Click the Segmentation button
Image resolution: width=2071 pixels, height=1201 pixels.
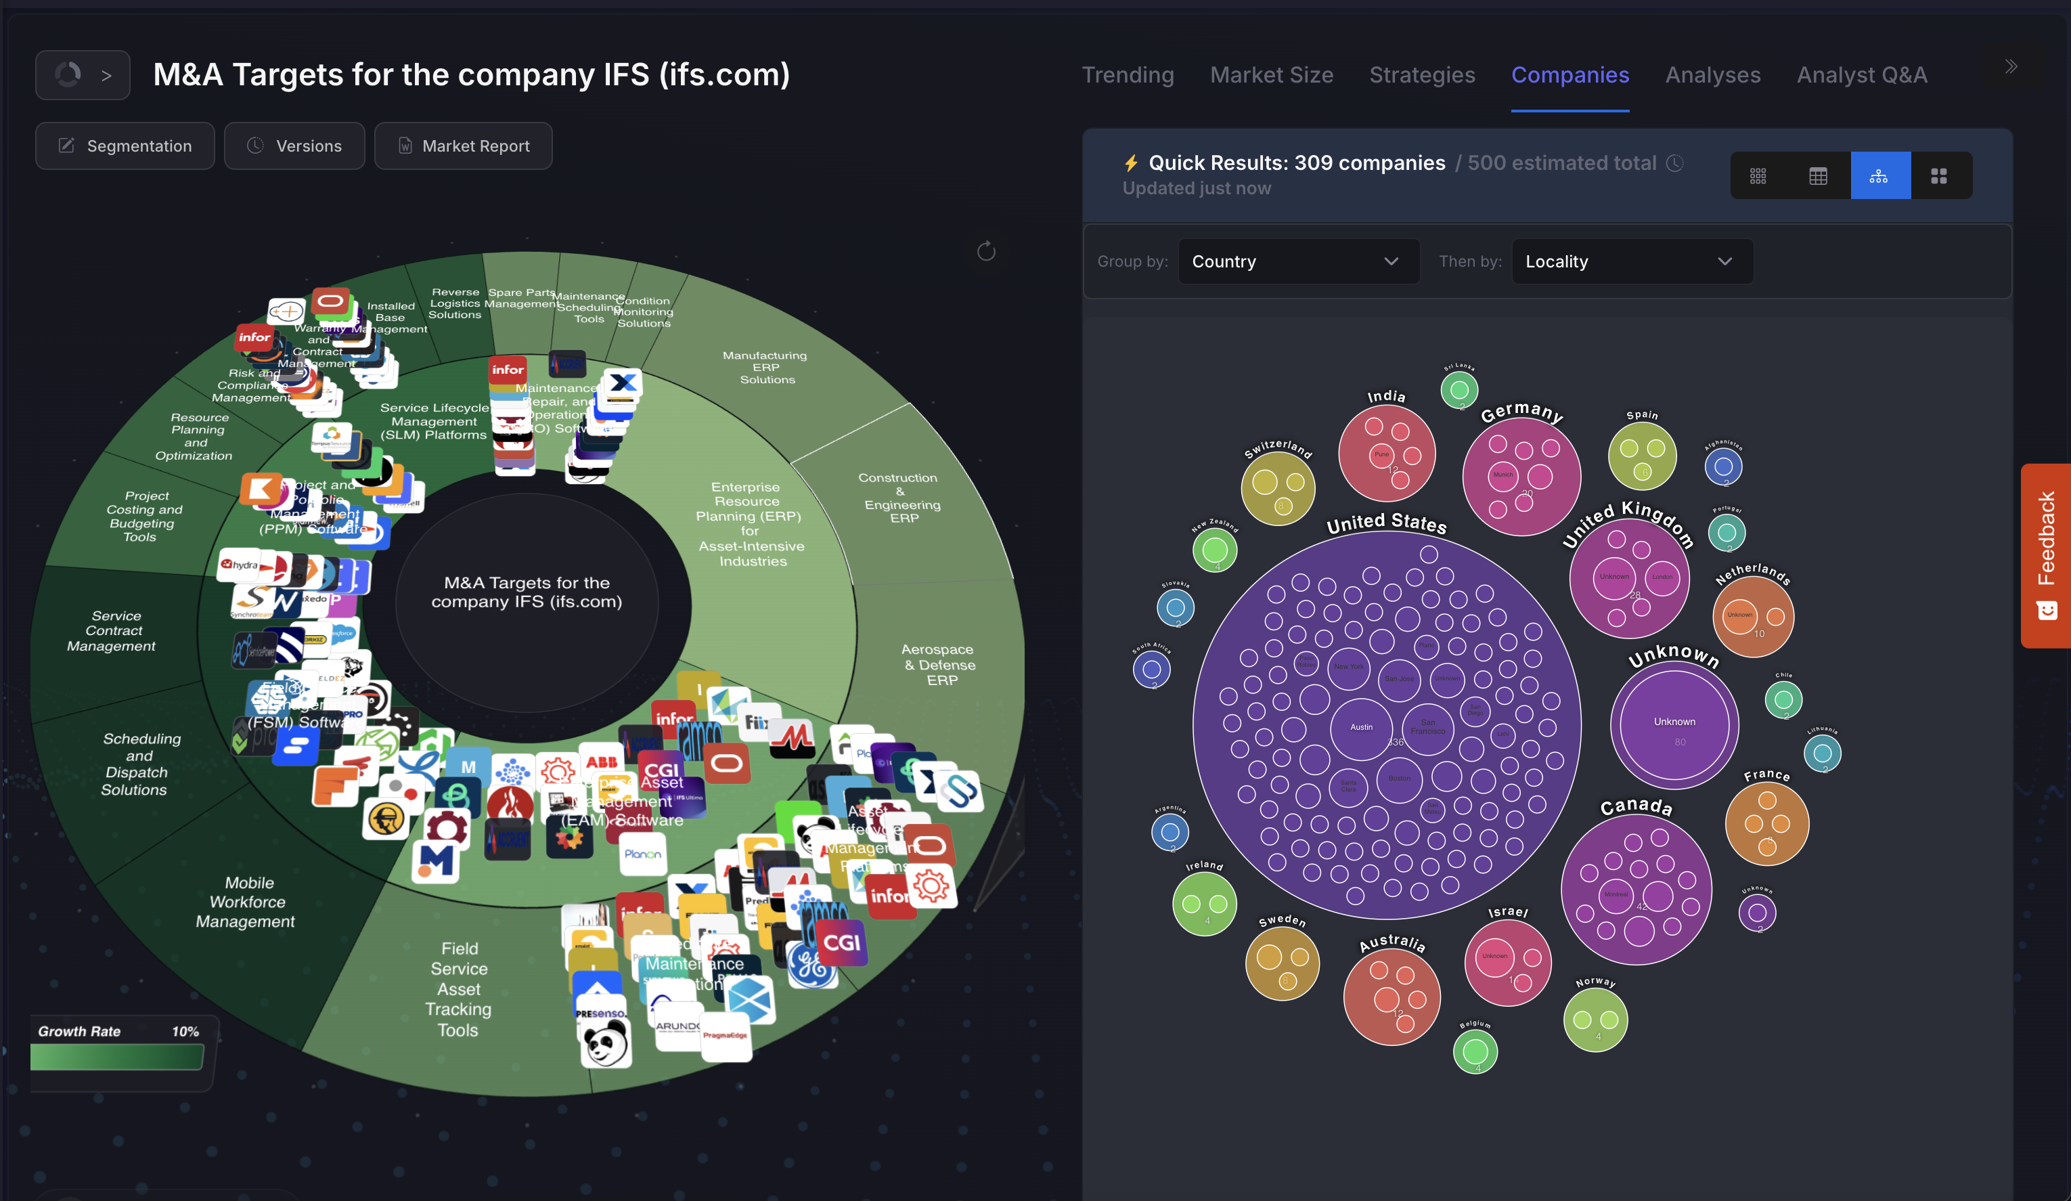coord(125,146)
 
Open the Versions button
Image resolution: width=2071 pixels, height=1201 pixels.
coord(294,146)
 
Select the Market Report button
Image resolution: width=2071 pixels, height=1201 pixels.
coord(464,146)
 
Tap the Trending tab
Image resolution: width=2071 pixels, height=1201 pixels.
coord(1128,74)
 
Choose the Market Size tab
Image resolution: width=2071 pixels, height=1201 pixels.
coord(1271,74)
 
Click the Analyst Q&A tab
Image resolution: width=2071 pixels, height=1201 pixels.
coord(1861,74)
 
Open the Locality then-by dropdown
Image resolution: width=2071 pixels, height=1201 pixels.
coord(1631,261)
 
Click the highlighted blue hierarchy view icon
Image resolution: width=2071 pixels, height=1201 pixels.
coord(1879,176)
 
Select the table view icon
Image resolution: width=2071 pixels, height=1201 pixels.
coord(1818,176)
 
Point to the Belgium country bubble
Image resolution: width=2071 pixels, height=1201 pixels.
coord(1475,1051)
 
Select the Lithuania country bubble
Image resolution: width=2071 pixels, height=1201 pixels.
coord(1822,753)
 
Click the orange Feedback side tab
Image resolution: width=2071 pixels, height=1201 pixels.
coord(2045,556)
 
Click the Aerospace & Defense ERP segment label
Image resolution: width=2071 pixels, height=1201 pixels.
coord(940,664)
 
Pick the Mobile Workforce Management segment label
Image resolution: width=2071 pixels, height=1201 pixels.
coord(246,902)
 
